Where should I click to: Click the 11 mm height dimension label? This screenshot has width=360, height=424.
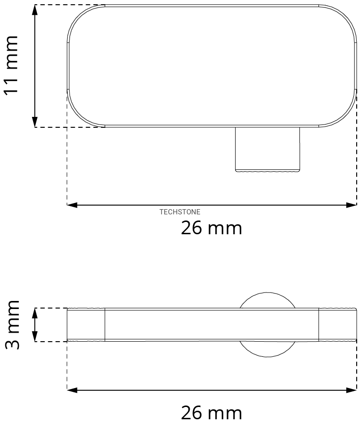(x=11, y=65)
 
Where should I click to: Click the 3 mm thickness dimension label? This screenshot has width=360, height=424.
(x=12, y=325)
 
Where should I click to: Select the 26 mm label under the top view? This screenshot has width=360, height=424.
(x=211, y=228)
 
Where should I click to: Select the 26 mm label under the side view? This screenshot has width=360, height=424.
(x=211, y=413)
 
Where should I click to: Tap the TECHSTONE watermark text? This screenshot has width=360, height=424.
(x=180, y=212)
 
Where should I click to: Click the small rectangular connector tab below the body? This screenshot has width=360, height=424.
(x=268, y=150)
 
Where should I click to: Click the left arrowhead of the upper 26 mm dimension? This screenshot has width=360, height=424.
(x=72, y=205)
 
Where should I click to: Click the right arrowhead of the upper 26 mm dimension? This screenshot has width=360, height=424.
(x=351, y=205)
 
